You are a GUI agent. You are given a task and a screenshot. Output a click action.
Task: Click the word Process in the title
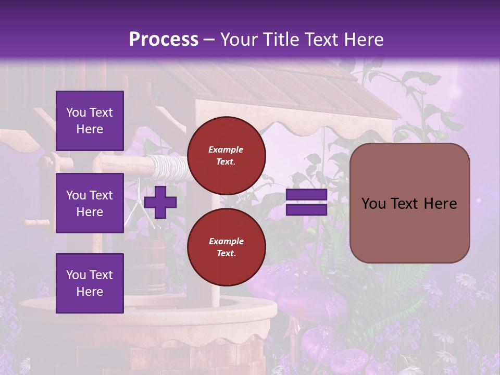click(164, 40)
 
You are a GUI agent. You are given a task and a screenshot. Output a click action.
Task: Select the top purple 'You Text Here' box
click(90, 121)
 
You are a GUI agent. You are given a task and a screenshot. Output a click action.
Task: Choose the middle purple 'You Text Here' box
click(90, 203)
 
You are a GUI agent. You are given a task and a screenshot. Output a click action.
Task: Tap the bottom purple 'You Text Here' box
click(90, 283)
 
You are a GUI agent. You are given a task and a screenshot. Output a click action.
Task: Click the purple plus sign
click(160, 202)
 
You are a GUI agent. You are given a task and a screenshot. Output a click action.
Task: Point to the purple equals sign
click(306, 202)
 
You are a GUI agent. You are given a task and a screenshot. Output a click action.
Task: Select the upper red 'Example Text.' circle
click(226, 155)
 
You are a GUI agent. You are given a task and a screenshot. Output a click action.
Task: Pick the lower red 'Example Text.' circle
click(226, 247)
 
